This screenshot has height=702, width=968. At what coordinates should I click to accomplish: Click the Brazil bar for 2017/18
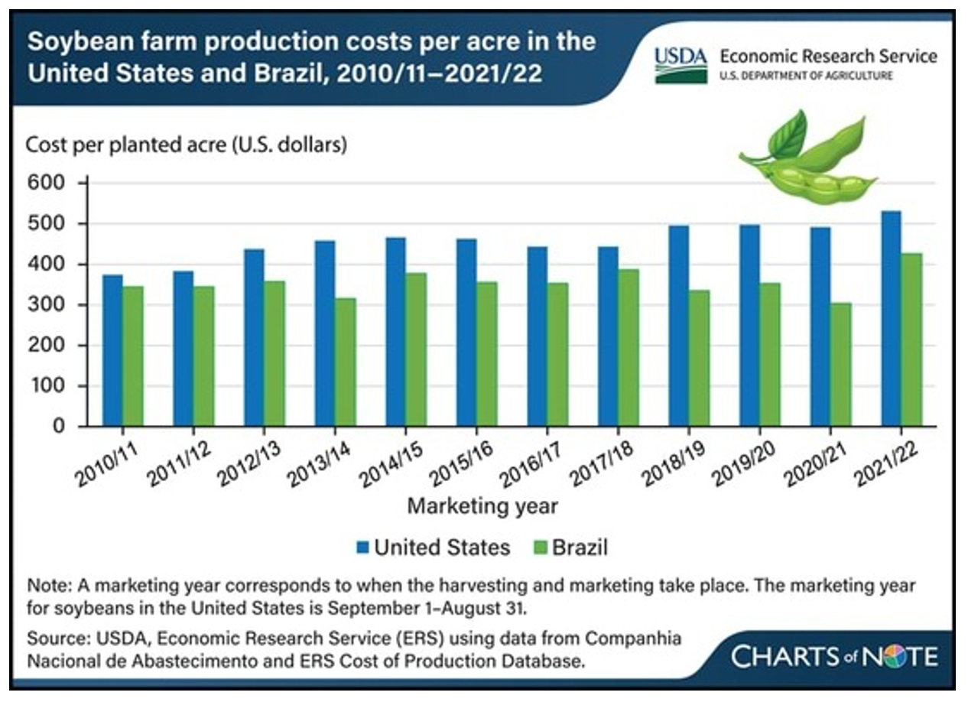pyautogui.click(x=629, y=347)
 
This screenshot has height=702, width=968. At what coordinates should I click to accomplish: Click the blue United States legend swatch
pyautogui.click(x=362, y=548)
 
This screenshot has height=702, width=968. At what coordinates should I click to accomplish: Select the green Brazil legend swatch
pyautogui.click(x=540, y=548)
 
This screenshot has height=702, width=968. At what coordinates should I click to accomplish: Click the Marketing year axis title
pyautogui.click(x=482, y=506)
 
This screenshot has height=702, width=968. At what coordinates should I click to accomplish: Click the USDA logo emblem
pyautogui.click(x=681, y=64)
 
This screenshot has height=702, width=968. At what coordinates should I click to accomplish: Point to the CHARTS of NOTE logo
pyautogui.click(x=833, y=656)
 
